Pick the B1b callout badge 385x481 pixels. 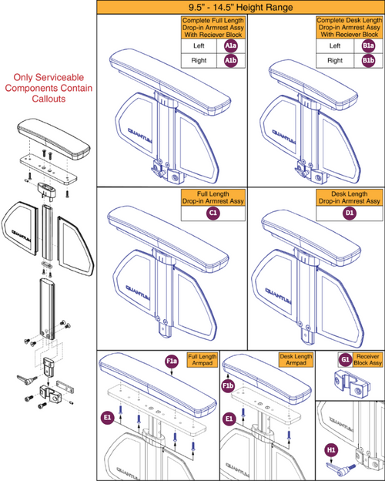369,60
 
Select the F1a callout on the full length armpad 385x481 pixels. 171,360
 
